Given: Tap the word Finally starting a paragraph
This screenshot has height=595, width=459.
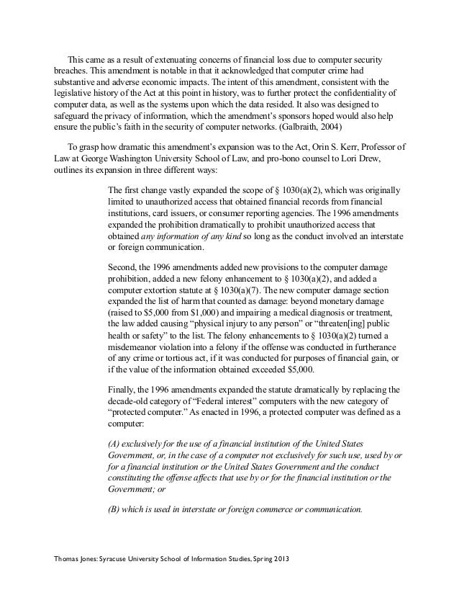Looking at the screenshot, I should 122,390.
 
